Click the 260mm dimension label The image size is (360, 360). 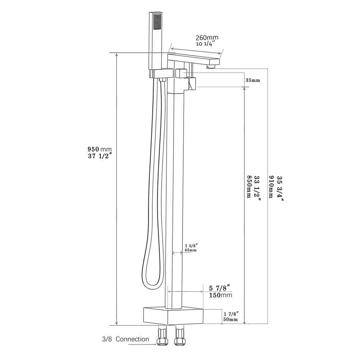pyautogui.click(x=207, y=37)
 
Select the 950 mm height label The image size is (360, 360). pyautogui.click(x=100, y=149)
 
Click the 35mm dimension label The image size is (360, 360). pyautogui.click(x=253, y=80)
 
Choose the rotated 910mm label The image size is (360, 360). pyautogui.click(x=273, y=187)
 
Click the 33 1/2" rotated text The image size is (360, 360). pyautogui.click(x=256, y=187)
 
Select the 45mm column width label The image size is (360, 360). pyautogui.click(x=190, y=250)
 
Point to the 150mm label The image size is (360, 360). pyautogui.click(x=220, y=295)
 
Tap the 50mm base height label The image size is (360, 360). pyautogui.click(x=230, y=319)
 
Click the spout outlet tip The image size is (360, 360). pyautogui.click(x=211, y=67)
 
